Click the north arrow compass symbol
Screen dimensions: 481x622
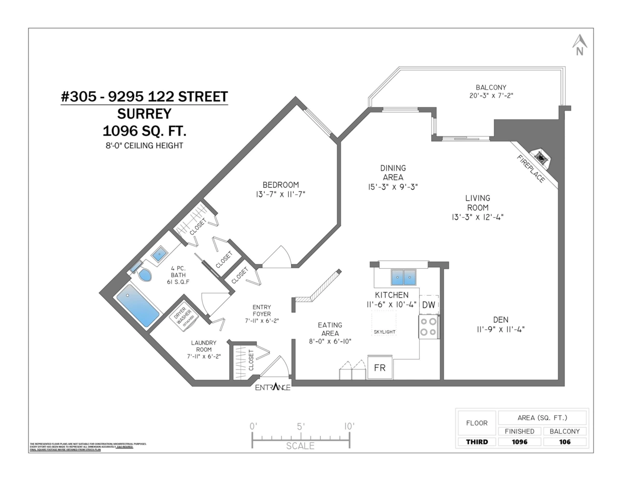(x=579, y=45)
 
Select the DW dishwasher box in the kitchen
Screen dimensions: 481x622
(x=429, y=305)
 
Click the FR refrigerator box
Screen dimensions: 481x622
(x=380, y=367)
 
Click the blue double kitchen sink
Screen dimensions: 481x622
(x=404, y=277)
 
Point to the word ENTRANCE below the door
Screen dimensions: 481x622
(x=273, y=388)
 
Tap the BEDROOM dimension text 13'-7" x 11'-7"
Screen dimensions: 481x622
(x=280, y=195)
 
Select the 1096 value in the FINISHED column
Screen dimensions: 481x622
(x=519, y=442)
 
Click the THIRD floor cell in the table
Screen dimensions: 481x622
(x=476, y=442)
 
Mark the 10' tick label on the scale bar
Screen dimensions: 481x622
(x=349, y=426)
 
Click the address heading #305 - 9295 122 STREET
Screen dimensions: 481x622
(x=144, y=97)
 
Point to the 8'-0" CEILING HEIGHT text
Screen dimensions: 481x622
(x=144, y=146)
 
